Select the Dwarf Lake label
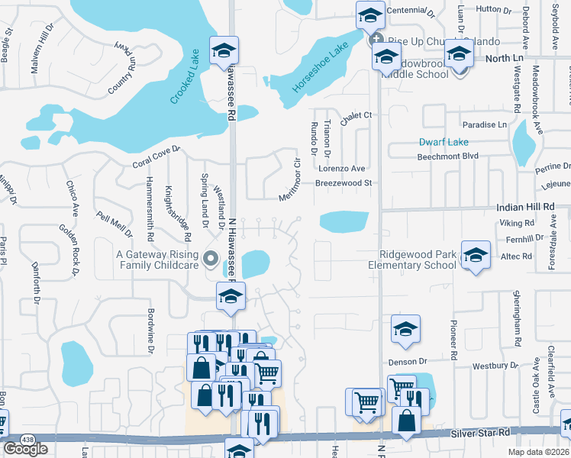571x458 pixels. pos(444,142)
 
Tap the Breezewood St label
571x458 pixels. pos(344,183)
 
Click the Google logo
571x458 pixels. pos(25,448)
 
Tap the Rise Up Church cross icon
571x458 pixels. pos(375,40)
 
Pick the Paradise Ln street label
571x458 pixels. pos(484,124)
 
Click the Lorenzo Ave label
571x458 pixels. pos(342,169)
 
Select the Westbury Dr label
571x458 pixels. pos(490,366)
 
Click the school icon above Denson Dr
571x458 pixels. pos(405,329)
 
